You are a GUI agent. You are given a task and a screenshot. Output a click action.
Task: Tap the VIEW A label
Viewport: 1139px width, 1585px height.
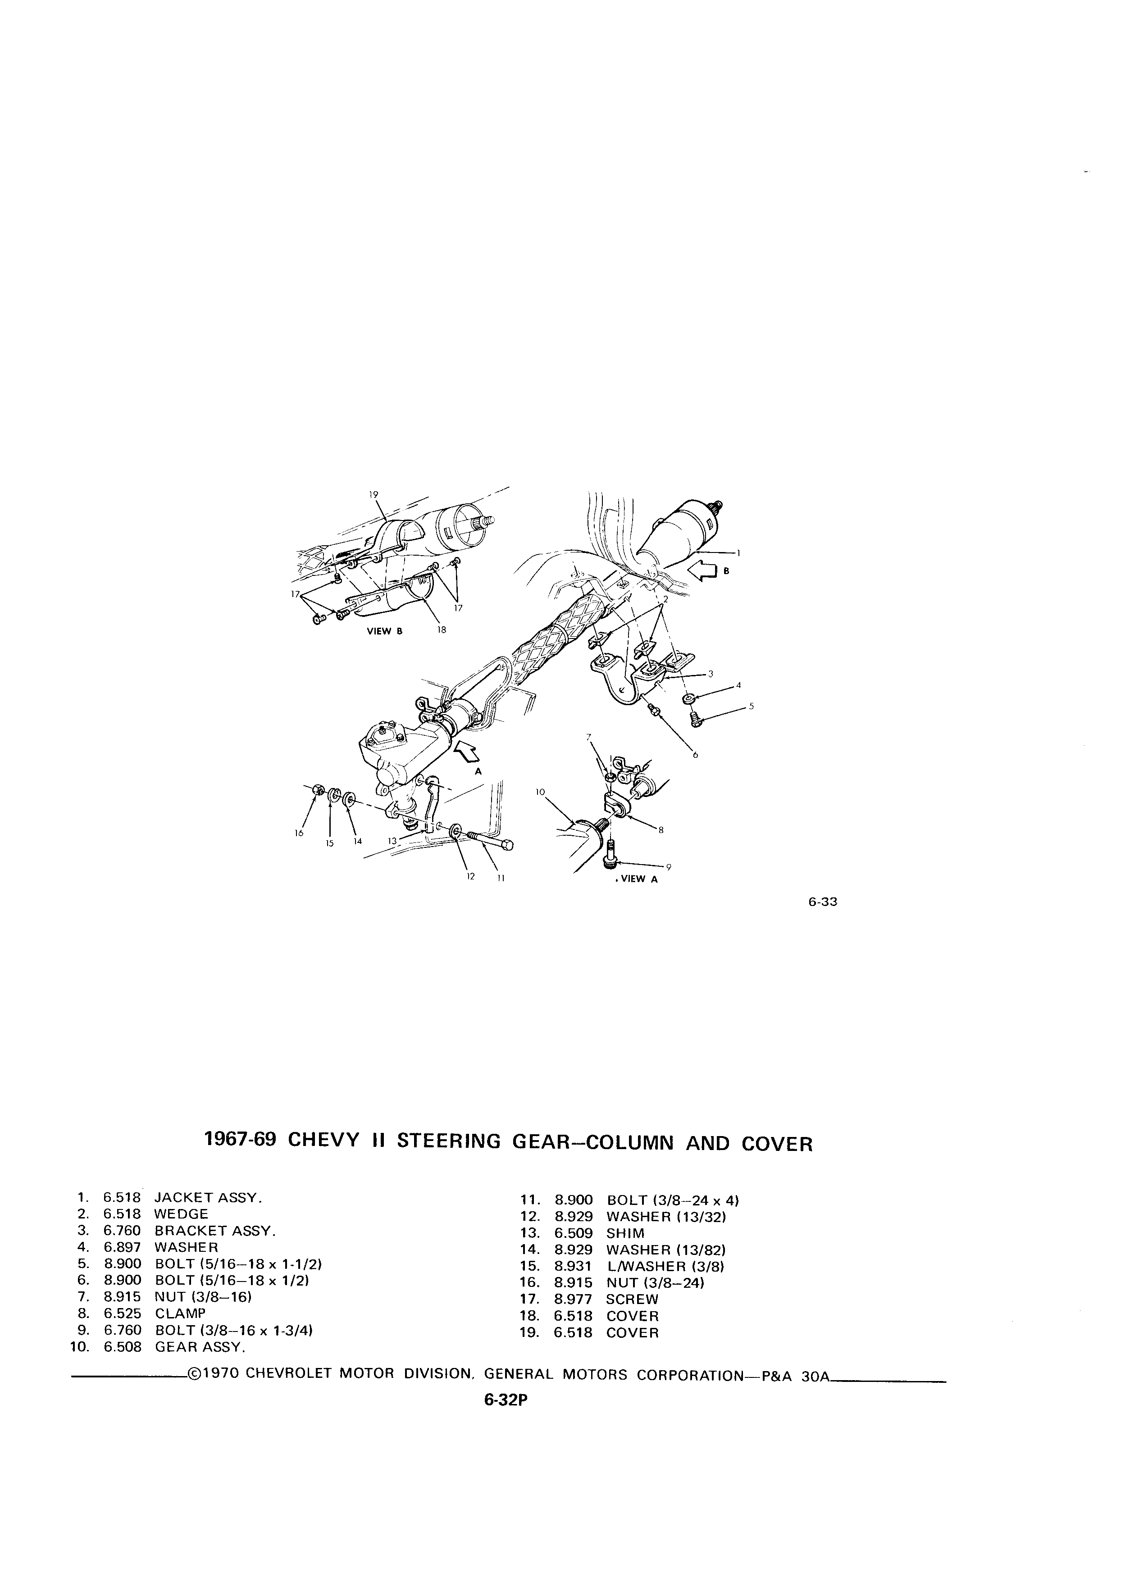pyautogui.click(x=638, y=880)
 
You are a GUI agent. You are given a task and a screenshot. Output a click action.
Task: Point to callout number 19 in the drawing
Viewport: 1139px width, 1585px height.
pyautogui.click(x=374, y=494)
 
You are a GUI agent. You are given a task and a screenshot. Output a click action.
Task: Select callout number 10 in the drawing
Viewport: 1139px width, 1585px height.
pyautogui.click(x=540, y=792)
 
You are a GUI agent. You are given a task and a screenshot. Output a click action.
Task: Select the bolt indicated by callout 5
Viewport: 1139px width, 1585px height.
pyautogui.click(x=695, y=718)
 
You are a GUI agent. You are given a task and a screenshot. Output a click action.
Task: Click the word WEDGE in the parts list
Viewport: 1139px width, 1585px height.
pyautogui.click(x=181, y=1214)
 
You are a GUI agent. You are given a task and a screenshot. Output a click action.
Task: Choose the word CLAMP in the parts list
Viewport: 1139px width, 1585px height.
pyautogui.click(x=180, y=1313)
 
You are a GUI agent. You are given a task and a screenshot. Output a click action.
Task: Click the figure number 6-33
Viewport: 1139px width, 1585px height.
pyautogui.click(x=823, y=901)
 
